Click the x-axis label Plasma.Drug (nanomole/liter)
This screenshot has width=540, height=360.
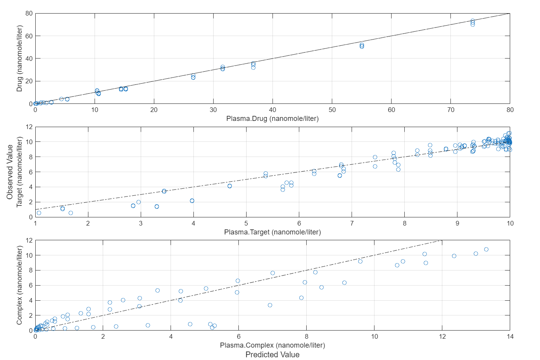pos(272,119)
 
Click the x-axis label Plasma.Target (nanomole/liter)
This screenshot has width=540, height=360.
pos(272,232)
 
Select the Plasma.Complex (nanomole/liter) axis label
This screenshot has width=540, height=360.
pos(272,345)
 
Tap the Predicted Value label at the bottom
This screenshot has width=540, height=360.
pos(272,355)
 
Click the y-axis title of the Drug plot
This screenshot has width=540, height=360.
pos(19,59)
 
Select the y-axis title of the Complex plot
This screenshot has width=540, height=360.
pos(19,285)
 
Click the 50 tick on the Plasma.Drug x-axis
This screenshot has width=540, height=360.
pos(332,110)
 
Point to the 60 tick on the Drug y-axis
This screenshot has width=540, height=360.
pos(29,36)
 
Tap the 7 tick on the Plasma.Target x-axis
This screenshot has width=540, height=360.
pos(352,224)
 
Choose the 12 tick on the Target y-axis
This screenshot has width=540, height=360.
pos(29,127)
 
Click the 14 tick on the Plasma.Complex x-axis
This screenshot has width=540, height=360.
pos(510,337)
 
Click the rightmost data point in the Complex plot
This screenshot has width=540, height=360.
pos(486,250)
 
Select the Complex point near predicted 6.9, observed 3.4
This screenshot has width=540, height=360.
pos(270,305)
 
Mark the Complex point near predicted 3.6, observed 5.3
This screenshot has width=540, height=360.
pos(157,291)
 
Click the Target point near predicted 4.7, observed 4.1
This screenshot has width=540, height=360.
pos(229,186)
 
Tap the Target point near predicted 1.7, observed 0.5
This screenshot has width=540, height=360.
pos(71,213)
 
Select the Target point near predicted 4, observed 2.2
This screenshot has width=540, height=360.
pos(192,201)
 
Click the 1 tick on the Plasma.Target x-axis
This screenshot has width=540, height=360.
pos(35,224)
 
